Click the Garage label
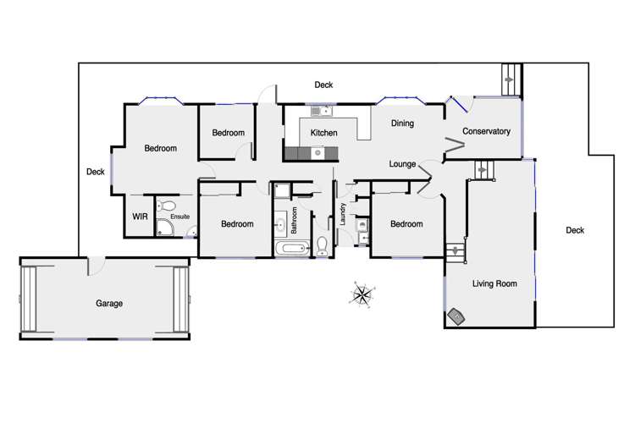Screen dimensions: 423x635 coord(108,303)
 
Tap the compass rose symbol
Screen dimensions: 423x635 coord(362,295)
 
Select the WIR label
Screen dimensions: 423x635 coord(140,217)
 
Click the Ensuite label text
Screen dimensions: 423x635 coord(179,217)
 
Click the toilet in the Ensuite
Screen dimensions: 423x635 coord(168,206)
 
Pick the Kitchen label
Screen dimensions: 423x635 coord(324,134)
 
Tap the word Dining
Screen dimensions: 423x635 coord(402,124)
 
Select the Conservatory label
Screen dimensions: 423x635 coord(486,131)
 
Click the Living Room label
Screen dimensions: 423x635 coord(494,283)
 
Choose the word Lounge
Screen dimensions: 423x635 coord(403,163)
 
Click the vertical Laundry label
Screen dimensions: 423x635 coord(343,216)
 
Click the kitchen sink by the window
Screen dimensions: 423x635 coord(320,111)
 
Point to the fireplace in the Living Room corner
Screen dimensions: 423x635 coord(458,316)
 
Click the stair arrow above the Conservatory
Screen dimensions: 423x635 coord(508,80)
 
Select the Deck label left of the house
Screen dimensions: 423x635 coord(96,172)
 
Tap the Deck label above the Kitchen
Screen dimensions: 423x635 coord(323,85)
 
